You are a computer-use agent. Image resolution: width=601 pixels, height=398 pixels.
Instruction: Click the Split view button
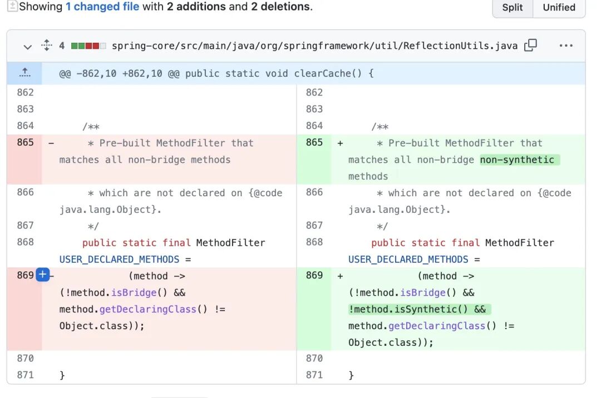(x=512, y=8)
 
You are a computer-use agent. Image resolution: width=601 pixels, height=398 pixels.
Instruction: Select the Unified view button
(x=559, y=8)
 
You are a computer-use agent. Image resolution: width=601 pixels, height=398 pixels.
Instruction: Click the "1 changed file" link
(x=102, y=7)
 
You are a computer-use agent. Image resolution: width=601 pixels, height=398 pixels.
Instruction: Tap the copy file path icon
(x=531, y=46)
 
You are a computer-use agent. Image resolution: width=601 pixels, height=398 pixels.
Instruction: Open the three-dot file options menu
(x=566, y=46)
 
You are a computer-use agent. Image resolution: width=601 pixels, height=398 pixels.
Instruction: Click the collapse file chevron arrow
(x=27, y=46)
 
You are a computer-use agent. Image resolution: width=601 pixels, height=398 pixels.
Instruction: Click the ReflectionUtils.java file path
(x=314, y=46)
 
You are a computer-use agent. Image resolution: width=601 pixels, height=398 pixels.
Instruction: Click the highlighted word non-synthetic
(x=518, y=160)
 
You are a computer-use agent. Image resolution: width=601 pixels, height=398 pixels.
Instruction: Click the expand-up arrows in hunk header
(x=24, y=73)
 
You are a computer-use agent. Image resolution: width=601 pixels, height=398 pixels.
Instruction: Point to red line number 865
(x=25, y=142)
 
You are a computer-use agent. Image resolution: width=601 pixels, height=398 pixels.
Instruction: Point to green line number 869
(x=314, y=275)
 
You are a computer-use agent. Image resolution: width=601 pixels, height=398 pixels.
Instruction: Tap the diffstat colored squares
(x=88, y=46)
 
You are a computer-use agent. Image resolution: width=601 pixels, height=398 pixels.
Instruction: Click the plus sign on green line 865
(x=340, y=143)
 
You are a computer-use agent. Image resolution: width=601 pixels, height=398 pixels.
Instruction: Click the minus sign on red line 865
(x=51, y=143)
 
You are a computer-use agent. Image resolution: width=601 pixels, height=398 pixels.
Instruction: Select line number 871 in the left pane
(x=25, y=375)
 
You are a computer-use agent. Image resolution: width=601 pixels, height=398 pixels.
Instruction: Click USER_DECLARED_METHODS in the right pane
(x=408, y=259)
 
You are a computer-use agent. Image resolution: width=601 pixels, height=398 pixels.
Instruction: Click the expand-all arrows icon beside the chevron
(x=47, y=46)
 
